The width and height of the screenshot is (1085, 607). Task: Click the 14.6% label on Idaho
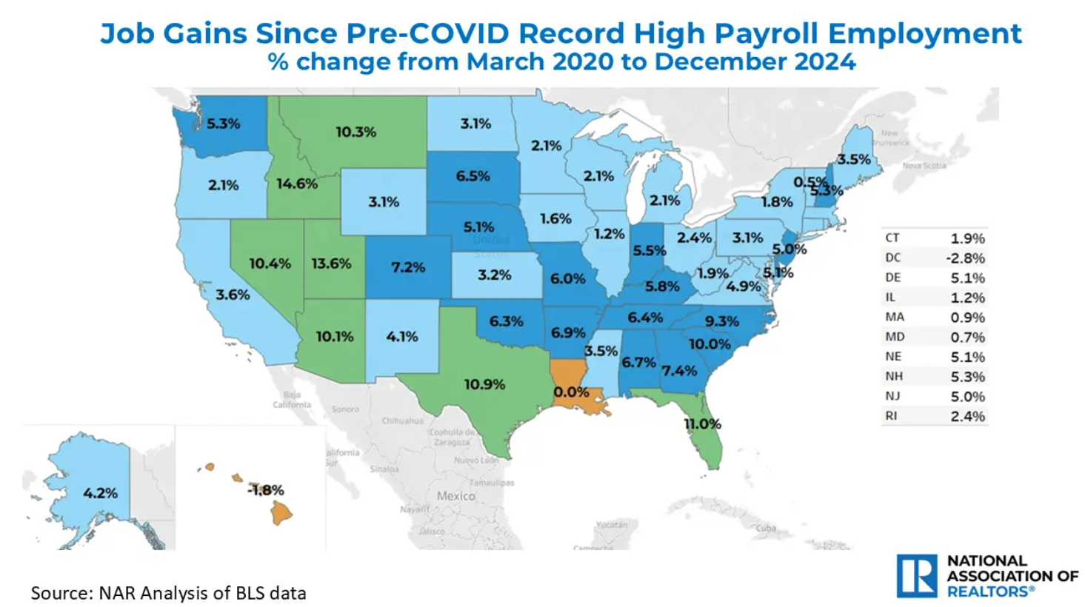pyautogui.click(x=297, y=184)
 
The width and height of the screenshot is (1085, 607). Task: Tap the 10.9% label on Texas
pyautogui.click(x=484, y=384)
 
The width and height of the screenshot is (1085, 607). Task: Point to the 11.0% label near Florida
pyautogui.click(x=702, y=424)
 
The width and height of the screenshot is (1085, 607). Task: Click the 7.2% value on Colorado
pyautogui.click(x=408, y=267)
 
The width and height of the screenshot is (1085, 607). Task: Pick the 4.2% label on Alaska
pyautogui.click(x=100, y=493)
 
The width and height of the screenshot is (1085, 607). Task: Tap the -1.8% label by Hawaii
pyautogui.click(x=266, y=490)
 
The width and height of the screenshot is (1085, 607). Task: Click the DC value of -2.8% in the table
pyautogui.click(x=967, y=258)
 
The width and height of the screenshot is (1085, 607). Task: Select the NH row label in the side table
pyautogui.click(x=893, y=377)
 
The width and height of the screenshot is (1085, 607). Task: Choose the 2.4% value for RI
pyautogui.click(x=967, y=417)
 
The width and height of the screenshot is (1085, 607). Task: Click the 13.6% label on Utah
pyautogui.click(x=331, y=264)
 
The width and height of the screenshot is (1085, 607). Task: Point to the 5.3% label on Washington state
pyautogui.click(x=223, y=124)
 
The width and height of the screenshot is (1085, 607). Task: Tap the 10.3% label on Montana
pyautogui.click(x=355, y=132)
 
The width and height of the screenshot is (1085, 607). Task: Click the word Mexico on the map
pyautogui.click(x=455, y=496)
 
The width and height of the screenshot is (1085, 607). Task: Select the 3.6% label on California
pyautogui.click(x=233, y=295)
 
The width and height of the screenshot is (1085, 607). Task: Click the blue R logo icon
pyautogui.click(x=917, y=576)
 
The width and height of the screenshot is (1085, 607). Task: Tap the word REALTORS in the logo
pyautogui.click(x=988, y=591)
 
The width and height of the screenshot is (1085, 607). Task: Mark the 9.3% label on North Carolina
pyautogui.click(x=721, y=321)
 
